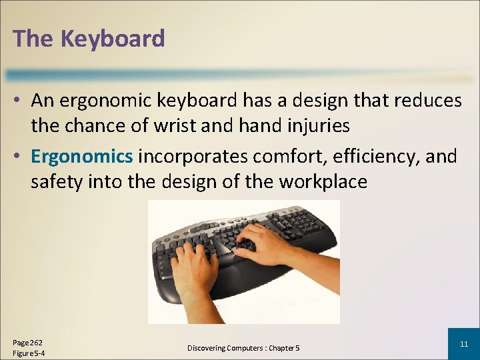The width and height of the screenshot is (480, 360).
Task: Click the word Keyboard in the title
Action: click(113, 39)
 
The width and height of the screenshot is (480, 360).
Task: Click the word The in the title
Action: click(33, 39)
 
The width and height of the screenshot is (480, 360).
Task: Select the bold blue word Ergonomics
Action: click(82, 157)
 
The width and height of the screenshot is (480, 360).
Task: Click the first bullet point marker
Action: click(19, 101)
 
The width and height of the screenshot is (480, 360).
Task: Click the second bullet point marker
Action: click(19, 157)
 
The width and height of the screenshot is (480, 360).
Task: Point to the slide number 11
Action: click(464, 344)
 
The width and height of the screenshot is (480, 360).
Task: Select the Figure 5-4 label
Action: click(29, 353)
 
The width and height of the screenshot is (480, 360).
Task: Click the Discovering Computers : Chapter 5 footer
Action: click(243, 348)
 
